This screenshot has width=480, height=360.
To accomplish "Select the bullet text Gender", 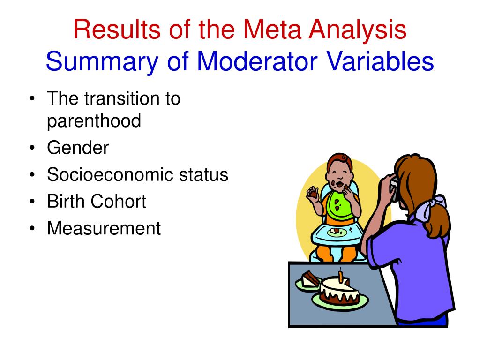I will [x=78, y=148].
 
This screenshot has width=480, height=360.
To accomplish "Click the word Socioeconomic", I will [x=111, y=175].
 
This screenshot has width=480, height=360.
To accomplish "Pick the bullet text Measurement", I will [x=104, y=229].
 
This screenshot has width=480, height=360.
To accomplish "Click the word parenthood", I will [x=94, y=121].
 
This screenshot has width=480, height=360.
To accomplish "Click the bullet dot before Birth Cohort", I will [x=31, y=202].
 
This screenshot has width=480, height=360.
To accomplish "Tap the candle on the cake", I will [x=341, y=275].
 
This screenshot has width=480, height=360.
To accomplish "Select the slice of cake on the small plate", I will [x=309, y=280].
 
